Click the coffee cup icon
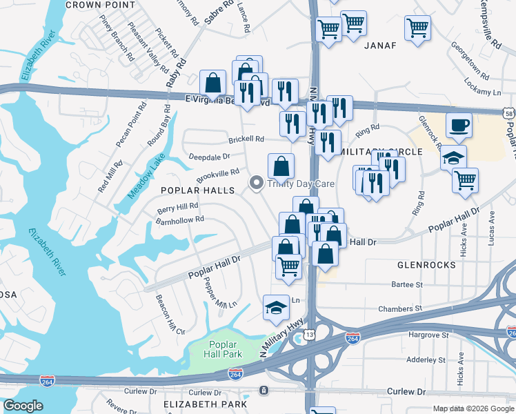tap(459, 126)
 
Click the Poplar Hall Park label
tap(221, 349)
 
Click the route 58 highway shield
tap(509, 112)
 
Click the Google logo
tap(23, 406)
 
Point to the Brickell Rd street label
tap(246, 139)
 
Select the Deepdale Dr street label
tap(210, 157)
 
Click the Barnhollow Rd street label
tap(179, 219)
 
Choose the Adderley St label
tap(426, 360)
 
